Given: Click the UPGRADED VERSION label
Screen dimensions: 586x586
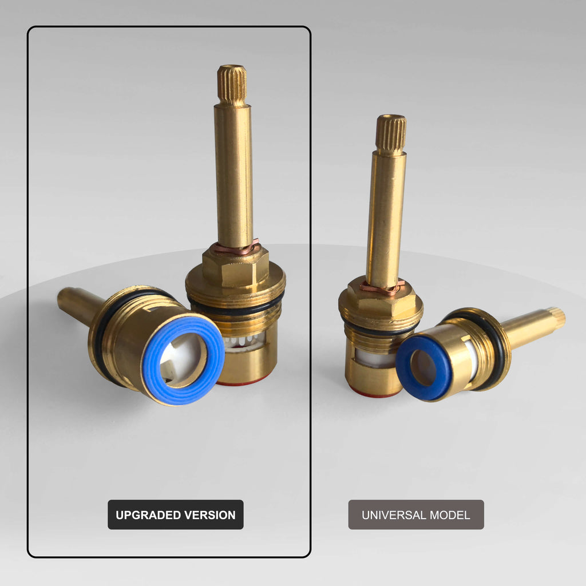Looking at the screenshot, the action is click(x=176, y=514).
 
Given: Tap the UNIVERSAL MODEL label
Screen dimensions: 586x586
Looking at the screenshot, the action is click(x=416, y=514).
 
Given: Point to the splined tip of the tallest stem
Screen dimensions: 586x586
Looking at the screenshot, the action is click(x=232, y=85).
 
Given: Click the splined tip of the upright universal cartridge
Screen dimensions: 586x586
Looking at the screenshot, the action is click(x=391, y=134).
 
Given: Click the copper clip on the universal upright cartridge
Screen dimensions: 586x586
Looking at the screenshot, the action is click(x=382, y=287).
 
